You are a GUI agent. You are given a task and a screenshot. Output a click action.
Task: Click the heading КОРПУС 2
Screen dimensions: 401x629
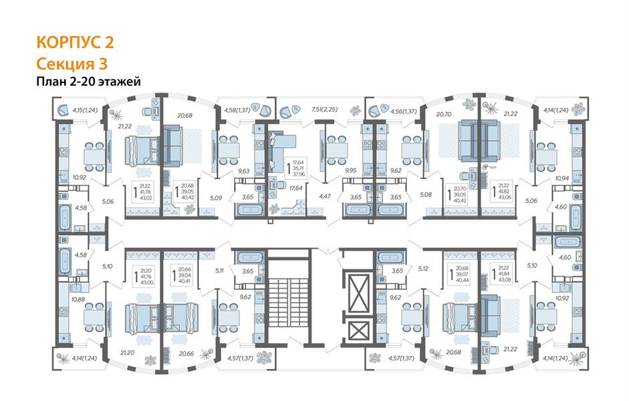74,43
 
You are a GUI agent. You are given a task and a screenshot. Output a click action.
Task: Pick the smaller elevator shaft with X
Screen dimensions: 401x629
360,330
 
